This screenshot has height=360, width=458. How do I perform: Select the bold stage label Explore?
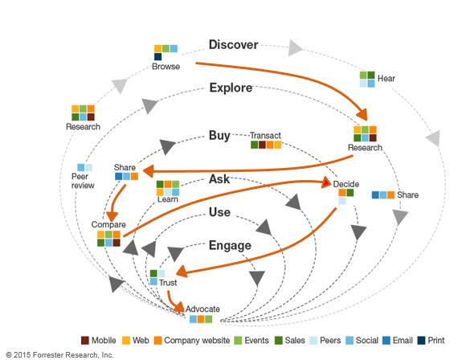(x=231, y=88)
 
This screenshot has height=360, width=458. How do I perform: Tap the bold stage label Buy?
(x=219, y=135)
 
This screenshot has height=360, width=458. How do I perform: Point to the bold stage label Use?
(x=219, y=212)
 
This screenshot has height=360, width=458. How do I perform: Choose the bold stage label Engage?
(x=231, y=246)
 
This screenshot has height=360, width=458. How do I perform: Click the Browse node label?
(x=166, y=67)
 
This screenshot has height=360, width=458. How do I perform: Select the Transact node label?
(x=265, y=135)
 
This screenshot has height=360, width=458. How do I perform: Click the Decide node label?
(x=346, y=184)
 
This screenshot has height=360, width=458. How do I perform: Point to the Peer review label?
(x=83, y=180)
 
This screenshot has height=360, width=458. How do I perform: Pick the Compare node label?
(x=108, y=224)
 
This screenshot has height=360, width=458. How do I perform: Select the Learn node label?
(x=168, y=198)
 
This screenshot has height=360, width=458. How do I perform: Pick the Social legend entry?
(x=366, y=339)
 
